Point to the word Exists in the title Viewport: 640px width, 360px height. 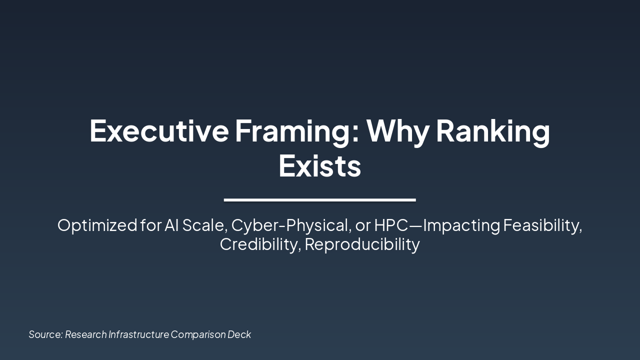[319, 166]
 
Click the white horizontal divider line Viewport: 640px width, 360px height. [319, 200]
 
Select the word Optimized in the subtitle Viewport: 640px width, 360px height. [97, 225]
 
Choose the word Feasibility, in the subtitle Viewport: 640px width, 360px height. [542, 225]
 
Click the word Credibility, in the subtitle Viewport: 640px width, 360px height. [260, 244]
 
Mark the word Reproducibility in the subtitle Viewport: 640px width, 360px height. [362, 244]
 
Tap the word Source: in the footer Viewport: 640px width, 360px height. [45, 334]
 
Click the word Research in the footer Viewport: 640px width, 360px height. [85, 334]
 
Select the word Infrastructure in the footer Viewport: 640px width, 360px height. [138, 334]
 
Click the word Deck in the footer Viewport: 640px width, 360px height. [239, 334]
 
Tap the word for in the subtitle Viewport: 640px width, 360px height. [151, 225]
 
